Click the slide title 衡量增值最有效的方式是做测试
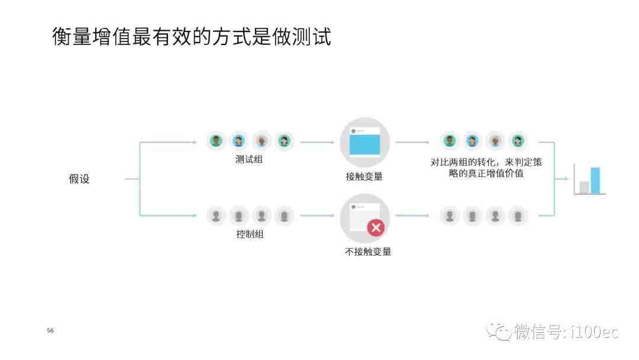coord(192,37)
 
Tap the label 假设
coord(79,179)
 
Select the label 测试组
coord(249,159)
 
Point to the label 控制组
coord(250,234)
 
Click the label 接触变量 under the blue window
coord(364,176)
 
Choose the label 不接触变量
coord(368,252)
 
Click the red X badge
coord(376,227)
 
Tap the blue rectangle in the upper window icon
coord(364,144)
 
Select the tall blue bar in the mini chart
coord(595,181)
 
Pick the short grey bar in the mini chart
coord(585,188)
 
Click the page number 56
coord(50,330)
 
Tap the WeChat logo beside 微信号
coord(498,332)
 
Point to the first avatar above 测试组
coord(216,141)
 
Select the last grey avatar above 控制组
coord(284,216)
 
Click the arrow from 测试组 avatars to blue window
coord(317,142)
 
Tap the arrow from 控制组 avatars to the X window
coord(317,216)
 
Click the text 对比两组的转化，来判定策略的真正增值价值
coord(486,168)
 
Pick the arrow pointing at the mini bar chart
coord(561,179)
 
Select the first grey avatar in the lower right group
coord(450,216)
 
